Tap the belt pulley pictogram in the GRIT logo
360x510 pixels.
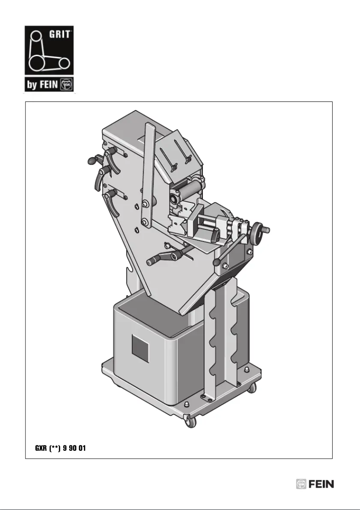(x=49, y=52)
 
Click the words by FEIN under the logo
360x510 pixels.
(x=42, y=85)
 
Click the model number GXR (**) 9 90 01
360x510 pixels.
(x=61, y=448)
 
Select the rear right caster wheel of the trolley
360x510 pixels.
(x=252, y=387)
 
